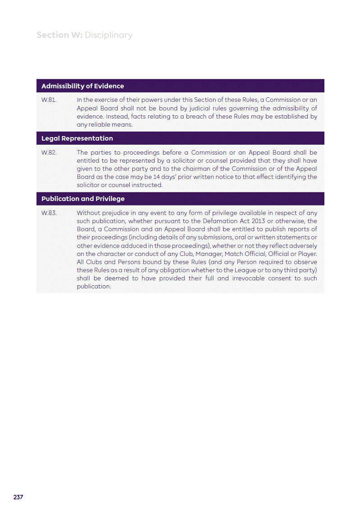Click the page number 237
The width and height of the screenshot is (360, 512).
pyautogui.click(x=18, y=497)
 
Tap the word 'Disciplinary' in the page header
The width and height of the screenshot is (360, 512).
pyautogui.click(x=109, y=35)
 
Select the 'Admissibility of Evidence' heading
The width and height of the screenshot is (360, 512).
pyautogui.click(x=82, y=86)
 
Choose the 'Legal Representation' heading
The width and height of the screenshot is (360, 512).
pyautogui.click(x=77, y=138)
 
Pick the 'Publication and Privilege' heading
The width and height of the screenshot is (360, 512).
pyautogui.click(x=83, y=199)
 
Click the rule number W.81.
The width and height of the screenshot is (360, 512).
pyautogui.click(x=49, y=100)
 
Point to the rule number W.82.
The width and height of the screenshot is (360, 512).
pyautogui.click(x=49, y=152)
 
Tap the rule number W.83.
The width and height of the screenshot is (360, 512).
pyautogui.click(x=49, y=213)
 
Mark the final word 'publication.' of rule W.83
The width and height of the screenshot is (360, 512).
pyautogui.click(x=94, y=287)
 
